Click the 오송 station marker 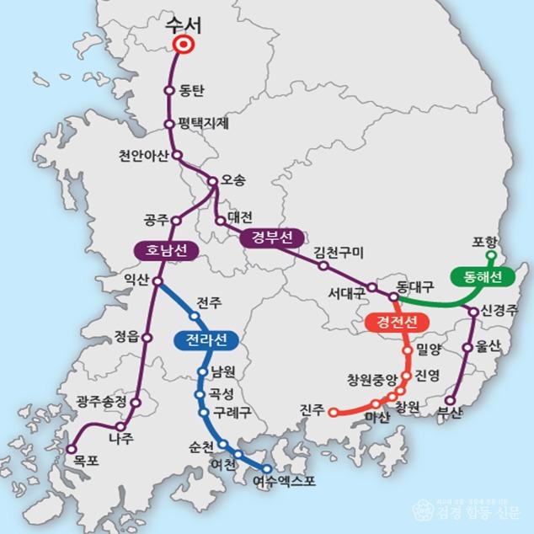click(212, 181)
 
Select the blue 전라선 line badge click(206, 339)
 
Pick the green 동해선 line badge click(477, 276)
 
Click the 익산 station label click(139, 278)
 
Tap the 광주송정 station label click(100, 401)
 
